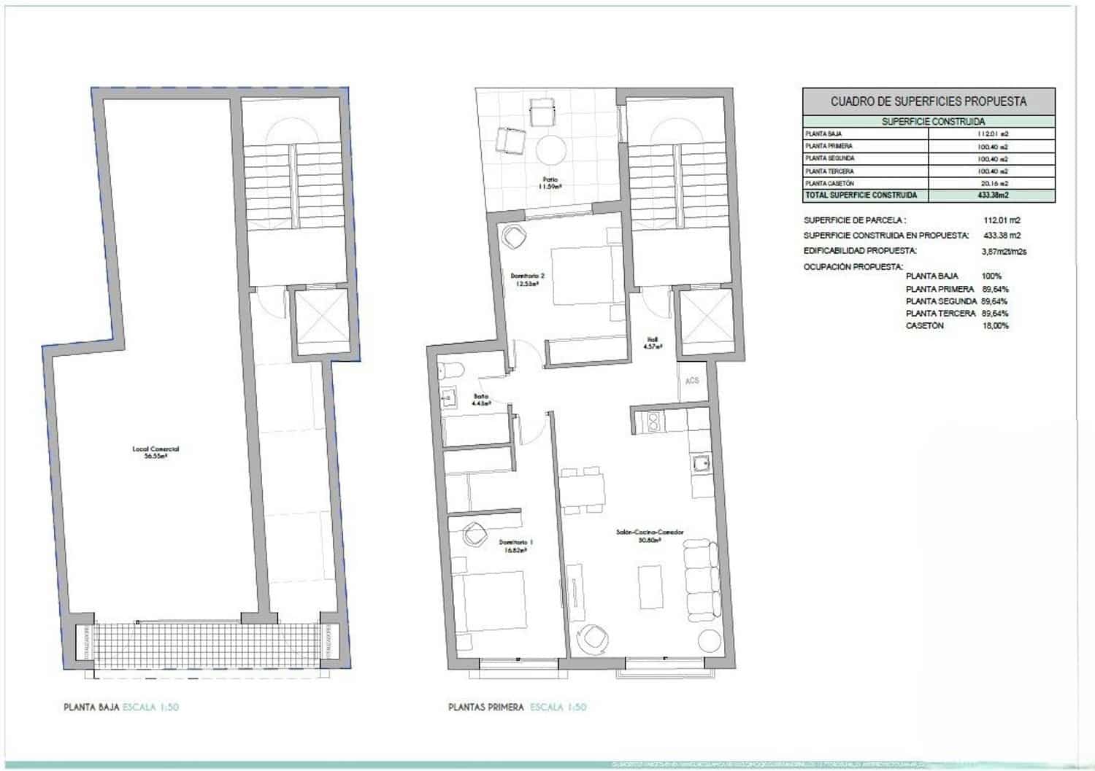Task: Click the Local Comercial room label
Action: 155,452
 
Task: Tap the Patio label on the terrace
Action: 550,182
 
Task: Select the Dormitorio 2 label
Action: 528,279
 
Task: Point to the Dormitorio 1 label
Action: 515,546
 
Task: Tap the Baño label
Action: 480,399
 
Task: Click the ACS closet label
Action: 692,381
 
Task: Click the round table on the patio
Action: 551,151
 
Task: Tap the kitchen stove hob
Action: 650,421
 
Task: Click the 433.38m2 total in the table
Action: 993,195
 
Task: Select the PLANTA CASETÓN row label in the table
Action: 829,183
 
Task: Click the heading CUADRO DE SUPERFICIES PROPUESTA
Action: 929,101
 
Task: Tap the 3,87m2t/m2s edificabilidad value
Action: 1004,252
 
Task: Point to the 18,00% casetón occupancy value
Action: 996,326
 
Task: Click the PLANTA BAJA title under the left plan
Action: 92,707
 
